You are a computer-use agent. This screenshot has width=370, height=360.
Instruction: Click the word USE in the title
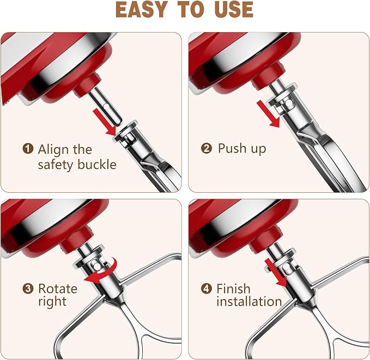pos(234,9)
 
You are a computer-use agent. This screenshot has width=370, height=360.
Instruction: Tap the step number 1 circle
pos(28,149)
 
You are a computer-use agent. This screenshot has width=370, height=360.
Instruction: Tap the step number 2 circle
pos(206,148)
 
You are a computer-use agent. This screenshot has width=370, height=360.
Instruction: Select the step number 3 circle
pos(28,289)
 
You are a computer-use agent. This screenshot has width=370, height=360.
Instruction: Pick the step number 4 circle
pos(206,289)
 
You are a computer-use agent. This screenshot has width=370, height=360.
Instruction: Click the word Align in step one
pos(53,150)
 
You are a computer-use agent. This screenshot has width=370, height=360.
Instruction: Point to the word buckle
pos(97,164)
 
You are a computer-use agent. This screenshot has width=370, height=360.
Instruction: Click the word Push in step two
pos(232,148)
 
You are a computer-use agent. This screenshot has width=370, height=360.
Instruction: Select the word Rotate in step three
pos(58,289)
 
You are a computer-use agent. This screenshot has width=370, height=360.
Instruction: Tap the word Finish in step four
pos(233,288)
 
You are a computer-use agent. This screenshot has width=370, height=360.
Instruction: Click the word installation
pos(249,301)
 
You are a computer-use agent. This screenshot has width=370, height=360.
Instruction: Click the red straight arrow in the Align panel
pos(104,122)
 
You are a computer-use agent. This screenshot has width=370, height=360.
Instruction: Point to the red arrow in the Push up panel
pos(268,114)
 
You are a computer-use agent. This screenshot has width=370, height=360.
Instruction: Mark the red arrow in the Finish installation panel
pos(275,273)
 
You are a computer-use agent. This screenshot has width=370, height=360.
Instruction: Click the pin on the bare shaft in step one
pos(106,107)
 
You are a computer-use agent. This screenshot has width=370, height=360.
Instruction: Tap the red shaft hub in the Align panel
pos(87,85)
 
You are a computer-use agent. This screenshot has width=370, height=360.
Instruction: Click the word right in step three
pos(52,302)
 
